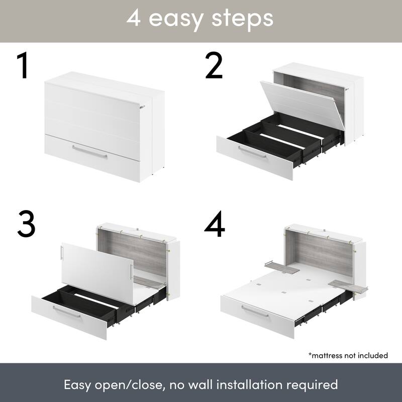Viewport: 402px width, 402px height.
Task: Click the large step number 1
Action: [22, 66]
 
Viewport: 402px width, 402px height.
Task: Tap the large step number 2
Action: [214, 66]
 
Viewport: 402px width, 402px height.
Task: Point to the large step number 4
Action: [215, 223]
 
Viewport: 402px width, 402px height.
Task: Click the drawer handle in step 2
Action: [252, 152]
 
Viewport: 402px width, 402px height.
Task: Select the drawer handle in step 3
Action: [66, 312]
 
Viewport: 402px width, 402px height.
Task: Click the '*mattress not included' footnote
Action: [348, 355]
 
